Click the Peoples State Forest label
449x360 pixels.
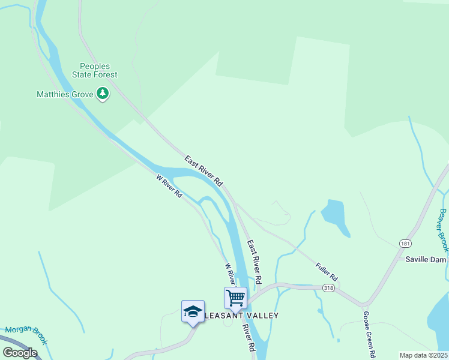point(99,70)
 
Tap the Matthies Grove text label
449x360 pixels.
point(65,94)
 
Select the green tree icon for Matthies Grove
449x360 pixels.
point(103,94)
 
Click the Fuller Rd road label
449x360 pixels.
point(327,272)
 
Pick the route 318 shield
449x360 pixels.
point(328,289)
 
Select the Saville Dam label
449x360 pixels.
point(427,260)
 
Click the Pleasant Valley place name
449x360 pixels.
point(234,315)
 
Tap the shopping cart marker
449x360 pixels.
point(235,298)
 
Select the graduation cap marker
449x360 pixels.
point(193,311)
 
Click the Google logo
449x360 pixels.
point(20,352)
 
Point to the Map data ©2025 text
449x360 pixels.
point(423,355)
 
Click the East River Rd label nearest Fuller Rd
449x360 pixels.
point(255,263)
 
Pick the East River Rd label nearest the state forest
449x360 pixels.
point(204,170)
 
